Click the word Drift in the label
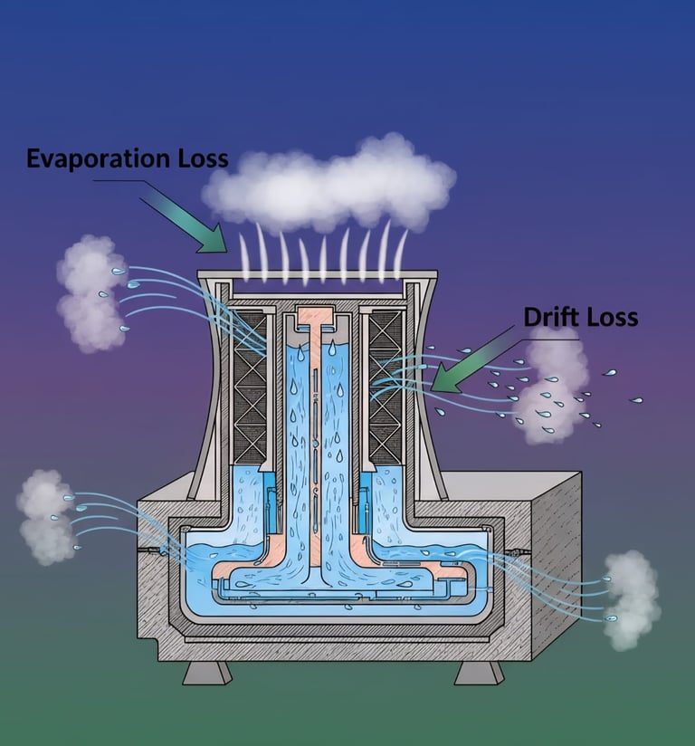[552, 317]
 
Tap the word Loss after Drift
[611, 317]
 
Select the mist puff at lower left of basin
[45, 516]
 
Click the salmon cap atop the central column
[316, 320]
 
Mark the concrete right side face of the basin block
[557, 561]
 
